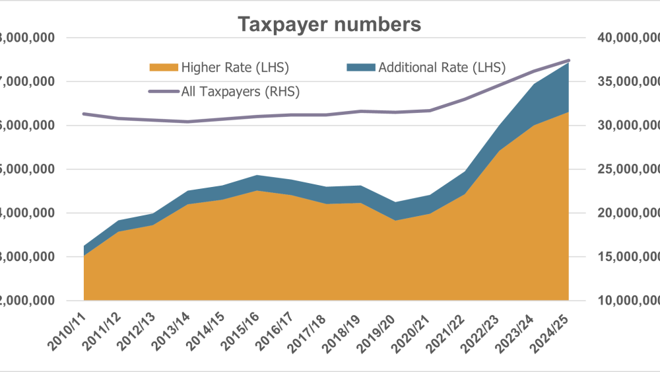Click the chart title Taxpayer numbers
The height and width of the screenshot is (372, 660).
[x=329, y=24]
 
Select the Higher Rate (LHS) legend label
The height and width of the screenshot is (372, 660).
[x=236, y=67]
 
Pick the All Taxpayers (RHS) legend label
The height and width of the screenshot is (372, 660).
[x=240, y=92]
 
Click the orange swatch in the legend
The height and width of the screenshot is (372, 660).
[x=164, y=67]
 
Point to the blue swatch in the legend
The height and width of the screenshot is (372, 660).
[x=360, y=67]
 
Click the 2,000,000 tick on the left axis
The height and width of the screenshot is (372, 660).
[x=26, y=301]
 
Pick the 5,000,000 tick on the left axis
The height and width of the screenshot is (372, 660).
[x=26, y=169]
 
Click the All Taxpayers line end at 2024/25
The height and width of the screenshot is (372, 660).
[x=568, y=60]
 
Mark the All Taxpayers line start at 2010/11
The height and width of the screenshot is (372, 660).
[x=84, y=114]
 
